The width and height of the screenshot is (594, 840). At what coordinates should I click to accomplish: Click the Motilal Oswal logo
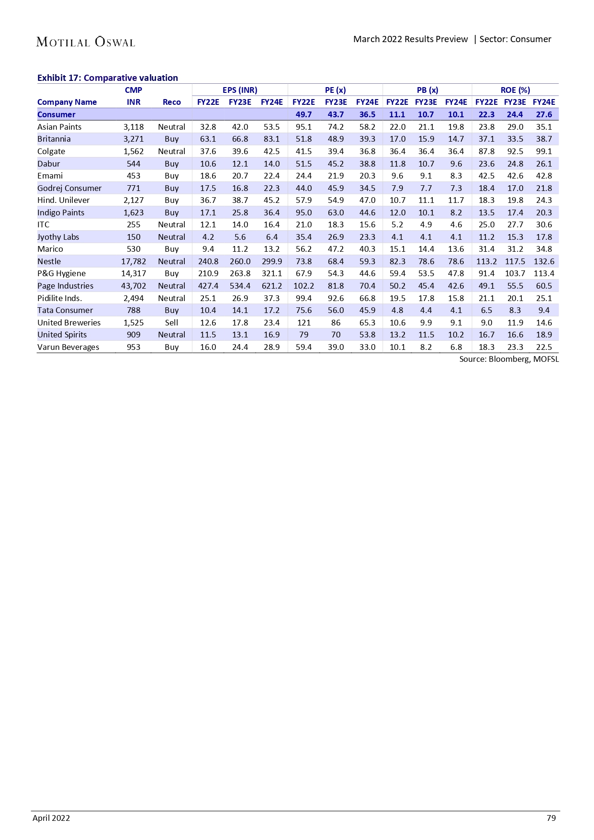click(86, 42)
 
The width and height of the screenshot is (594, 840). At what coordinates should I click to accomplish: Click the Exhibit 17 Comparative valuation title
click(108, 78)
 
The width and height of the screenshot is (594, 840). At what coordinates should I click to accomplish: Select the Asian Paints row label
click(59, 127)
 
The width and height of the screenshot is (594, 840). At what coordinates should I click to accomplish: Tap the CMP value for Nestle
click(134, 261)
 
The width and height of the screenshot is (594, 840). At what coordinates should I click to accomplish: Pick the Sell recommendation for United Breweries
click(171, 323)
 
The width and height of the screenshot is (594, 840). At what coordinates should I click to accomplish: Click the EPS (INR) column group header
click(240, 90)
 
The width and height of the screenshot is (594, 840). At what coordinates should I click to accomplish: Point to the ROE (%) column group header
click(515, 90)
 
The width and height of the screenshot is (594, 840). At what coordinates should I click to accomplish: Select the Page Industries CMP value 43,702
click(134, 286)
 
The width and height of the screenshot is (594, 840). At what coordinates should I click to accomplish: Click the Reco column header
click(171, 102)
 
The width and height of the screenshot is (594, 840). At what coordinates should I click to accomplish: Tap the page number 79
click(551, 818)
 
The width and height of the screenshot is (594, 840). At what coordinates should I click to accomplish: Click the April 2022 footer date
click(51, 818)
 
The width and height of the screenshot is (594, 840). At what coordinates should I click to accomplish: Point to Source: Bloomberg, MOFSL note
click(509, 359)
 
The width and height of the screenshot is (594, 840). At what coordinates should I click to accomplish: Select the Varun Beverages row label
click(68, 347)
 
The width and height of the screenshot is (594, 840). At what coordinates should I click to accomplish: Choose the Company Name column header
click(67, 102)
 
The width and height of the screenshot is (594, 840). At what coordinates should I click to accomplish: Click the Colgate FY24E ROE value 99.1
click(544, 151)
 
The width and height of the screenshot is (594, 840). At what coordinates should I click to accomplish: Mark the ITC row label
click(44, 224)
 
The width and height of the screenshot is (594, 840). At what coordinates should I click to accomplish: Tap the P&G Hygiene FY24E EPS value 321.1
click(271, 273)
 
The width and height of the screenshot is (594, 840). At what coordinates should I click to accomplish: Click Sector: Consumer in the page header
click(515, 39)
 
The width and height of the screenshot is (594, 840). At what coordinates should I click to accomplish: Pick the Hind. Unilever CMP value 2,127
click(134, 200)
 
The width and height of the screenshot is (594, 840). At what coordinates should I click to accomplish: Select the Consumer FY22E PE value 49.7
click(303, 114)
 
